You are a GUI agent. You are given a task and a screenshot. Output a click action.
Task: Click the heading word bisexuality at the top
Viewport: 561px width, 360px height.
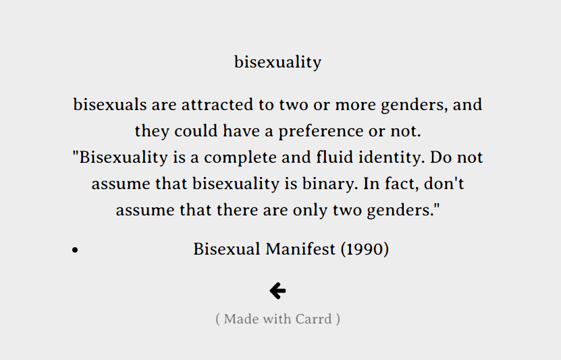(x=277, y=63)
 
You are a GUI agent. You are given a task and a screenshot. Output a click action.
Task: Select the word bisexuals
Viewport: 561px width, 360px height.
(x=110, y=105)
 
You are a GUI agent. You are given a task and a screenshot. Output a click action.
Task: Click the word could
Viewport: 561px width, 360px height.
(x=196, y=130)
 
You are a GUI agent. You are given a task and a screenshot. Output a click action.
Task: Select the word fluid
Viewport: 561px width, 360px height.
(x=335, y=157)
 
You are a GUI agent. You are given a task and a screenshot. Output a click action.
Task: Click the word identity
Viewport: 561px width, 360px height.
(x=392, y=158)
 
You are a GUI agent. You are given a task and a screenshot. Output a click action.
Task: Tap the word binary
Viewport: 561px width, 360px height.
(x=330, y=184)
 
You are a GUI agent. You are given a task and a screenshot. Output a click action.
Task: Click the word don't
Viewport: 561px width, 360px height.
(x=444, y=183)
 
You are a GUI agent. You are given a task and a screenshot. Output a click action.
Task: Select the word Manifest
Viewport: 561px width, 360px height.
(x=300, y=249)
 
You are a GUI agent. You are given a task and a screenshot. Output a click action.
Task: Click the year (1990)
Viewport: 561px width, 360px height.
(x=365, y=249)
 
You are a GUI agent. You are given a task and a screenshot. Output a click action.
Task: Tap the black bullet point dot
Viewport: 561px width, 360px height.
(x=75, y=250)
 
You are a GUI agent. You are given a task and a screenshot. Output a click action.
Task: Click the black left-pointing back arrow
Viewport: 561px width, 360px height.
(x=277, y=290)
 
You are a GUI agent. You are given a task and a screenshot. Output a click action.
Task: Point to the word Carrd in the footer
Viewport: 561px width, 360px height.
(x=314, y=319)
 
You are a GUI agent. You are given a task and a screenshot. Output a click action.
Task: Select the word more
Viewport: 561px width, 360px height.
(x=355, y=105)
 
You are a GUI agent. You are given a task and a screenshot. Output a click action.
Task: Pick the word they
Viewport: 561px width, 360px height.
(x=152, y=131)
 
